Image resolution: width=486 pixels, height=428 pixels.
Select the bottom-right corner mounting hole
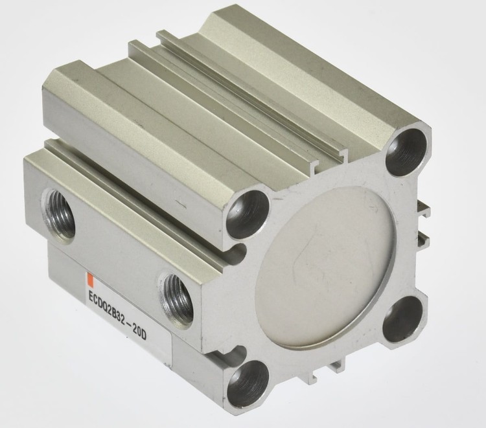[x=402, y=319]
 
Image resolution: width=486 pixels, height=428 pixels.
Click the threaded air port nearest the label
[x=176, y=300]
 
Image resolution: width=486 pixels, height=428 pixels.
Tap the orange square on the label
[x=89, y=278]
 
